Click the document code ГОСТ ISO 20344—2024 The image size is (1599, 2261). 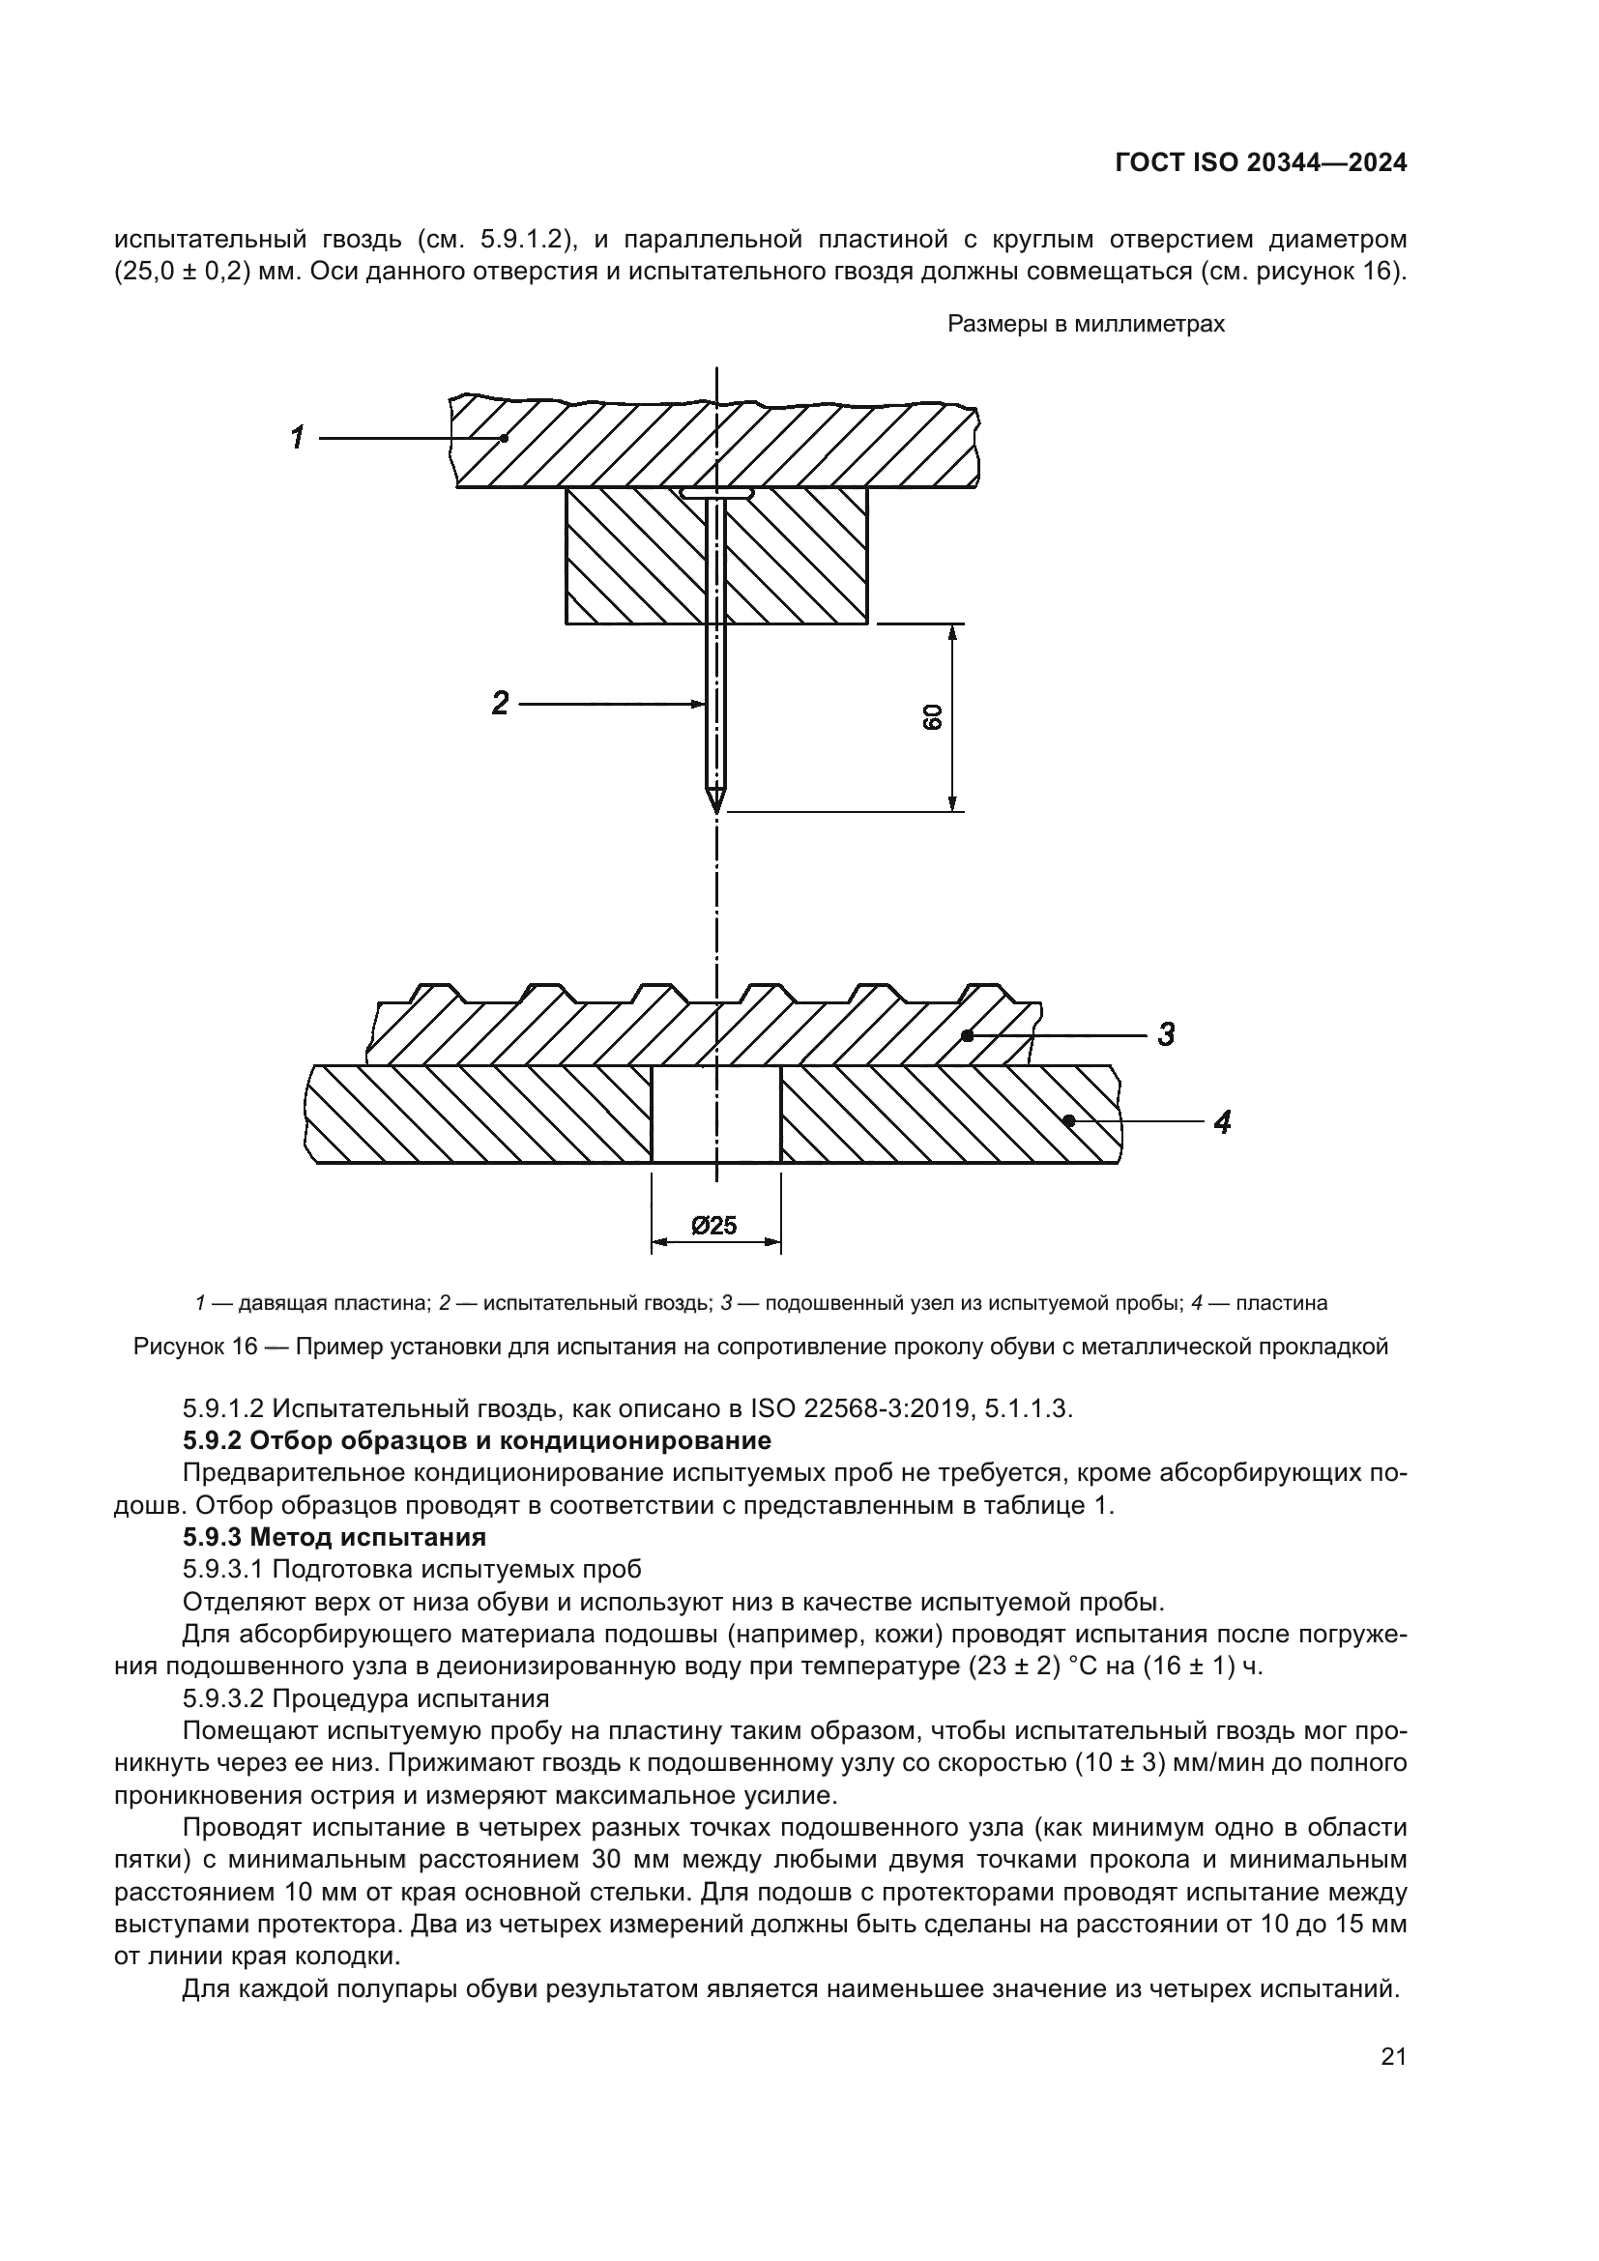(1261, 163)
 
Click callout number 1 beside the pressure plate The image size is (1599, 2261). (298, 437)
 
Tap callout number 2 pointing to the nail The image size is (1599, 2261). (500, 703)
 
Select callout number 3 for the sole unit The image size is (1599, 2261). (1166, 1034)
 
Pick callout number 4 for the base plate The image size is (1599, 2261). (1222, 1121)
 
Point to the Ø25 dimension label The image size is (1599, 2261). (714, 1225)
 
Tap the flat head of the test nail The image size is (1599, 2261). (716, 492)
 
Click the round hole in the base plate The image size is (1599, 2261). (715, 1114)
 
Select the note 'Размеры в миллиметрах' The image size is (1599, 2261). (1085, 325)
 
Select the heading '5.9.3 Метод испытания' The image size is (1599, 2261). (334, 1537)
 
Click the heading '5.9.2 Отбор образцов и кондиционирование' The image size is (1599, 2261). (477, 1440)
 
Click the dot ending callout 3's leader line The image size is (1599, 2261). (968, 1035)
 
